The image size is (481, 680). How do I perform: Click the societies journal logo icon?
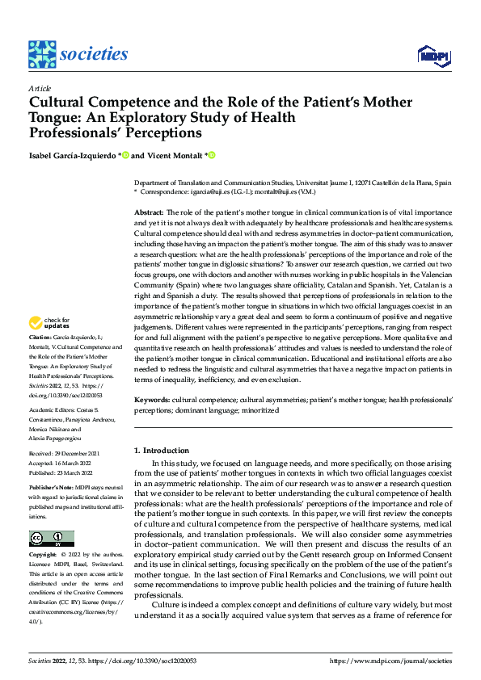pos(41,54)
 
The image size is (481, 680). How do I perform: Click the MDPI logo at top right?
pos(434,55)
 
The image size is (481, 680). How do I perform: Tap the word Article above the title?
pos(39,88)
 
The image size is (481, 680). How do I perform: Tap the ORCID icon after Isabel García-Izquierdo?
pos(125,155)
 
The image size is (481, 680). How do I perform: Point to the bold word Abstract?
pos(150,211)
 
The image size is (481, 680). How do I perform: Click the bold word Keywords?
pos(151,400)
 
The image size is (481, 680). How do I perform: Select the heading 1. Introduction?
pos(161,451)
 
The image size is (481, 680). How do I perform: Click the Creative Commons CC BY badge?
pos(51,539)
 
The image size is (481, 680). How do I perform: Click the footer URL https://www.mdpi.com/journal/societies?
pos(391,661)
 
